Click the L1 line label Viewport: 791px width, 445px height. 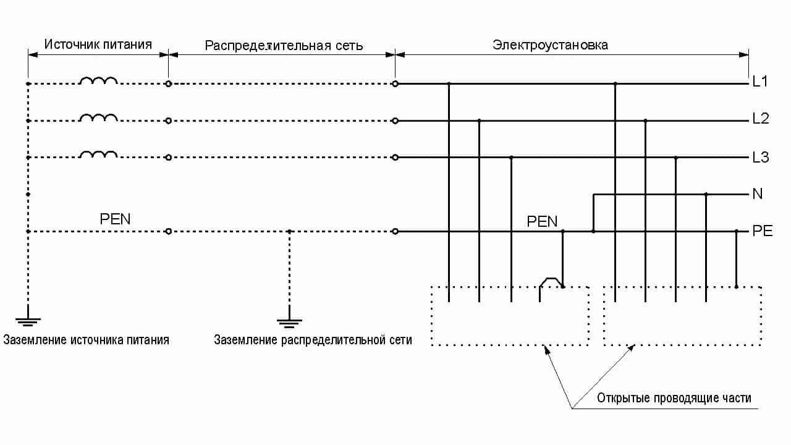click(x=759, y=82)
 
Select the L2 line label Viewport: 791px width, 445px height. click(x=760, y=119)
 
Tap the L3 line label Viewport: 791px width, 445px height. click(x=760, y=157)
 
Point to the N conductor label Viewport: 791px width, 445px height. click(x=758, y=194)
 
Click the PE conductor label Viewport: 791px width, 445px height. click(x=762, y=231)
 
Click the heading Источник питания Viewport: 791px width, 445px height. click(x=98, y=44)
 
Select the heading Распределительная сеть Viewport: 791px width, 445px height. click(x=284, y=46)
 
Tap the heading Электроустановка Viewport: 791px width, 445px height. click(x=550, y=44)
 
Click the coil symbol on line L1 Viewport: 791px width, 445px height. click(x=98, y=81)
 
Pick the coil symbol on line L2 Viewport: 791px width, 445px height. click(x=98, y=118)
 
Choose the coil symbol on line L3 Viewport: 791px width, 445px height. click(x=98, y=155)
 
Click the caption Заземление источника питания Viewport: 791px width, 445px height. click(x=86, y=340)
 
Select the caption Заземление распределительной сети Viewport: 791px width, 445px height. click(x=313, y=340)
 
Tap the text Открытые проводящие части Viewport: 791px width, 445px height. click(x=674, y=397)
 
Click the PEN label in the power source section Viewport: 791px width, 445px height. click(x=115, y=219)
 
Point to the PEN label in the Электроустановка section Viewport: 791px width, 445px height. click(x=542, y=221)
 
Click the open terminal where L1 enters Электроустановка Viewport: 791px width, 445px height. click(x=395, y=83)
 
